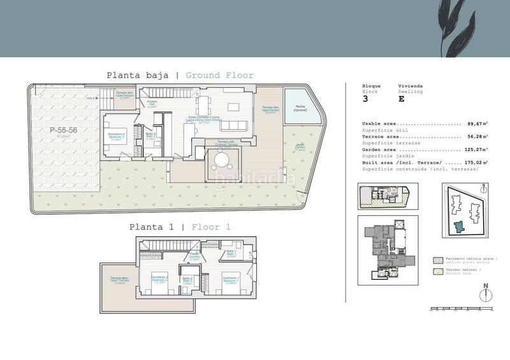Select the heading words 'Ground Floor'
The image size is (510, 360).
[x=219, y=75]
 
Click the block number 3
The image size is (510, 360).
[x=365, y=99]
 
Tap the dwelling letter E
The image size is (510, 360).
[x=401, y=99]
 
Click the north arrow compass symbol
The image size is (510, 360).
[x=486, y=291]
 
